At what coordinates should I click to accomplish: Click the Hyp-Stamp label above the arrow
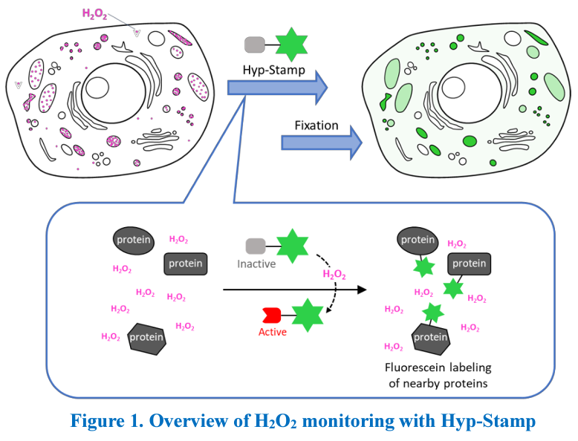pyautogui.click(x=274, y=70)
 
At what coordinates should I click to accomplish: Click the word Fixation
pyautogui.click(x=316, y=125)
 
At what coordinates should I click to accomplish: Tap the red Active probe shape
pyautogui.click(x=272, y=316)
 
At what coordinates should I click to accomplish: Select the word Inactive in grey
pyautogui.click(x=256, y=264)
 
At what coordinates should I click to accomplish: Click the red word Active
pyautogui.click(x=273, y=332)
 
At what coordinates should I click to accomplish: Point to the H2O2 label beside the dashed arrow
pyautogui.click(x=334, y=275)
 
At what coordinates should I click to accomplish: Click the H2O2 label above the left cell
pyautogui.click(x=94, y=14)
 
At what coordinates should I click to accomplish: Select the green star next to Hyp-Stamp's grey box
pyautogui.click(x=291, y=45)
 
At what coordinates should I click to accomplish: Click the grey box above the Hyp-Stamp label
pyautogui.click(x=255, y=45)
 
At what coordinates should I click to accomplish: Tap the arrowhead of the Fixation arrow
pyautogui.click(x=356, y=143)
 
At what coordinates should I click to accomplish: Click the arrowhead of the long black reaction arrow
pyautogui.click(x=362, y=290)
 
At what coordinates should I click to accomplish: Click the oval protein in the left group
pyautogui.click(x=134, y=241)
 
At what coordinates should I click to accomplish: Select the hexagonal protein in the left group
pyautogui.click(x=146, y=339)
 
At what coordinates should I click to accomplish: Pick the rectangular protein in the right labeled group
pyautogui.click(x=469, y=264)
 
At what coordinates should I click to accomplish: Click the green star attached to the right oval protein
pyautogui.click(x=424, y=267)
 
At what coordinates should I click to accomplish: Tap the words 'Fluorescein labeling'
pyautogui.click(x=438, y=367)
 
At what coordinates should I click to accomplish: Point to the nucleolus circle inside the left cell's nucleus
pyautogui.click(x=97, y=88)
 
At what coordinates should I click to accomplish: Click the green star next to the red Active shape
pyautogui.click(x=308, y=316)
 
